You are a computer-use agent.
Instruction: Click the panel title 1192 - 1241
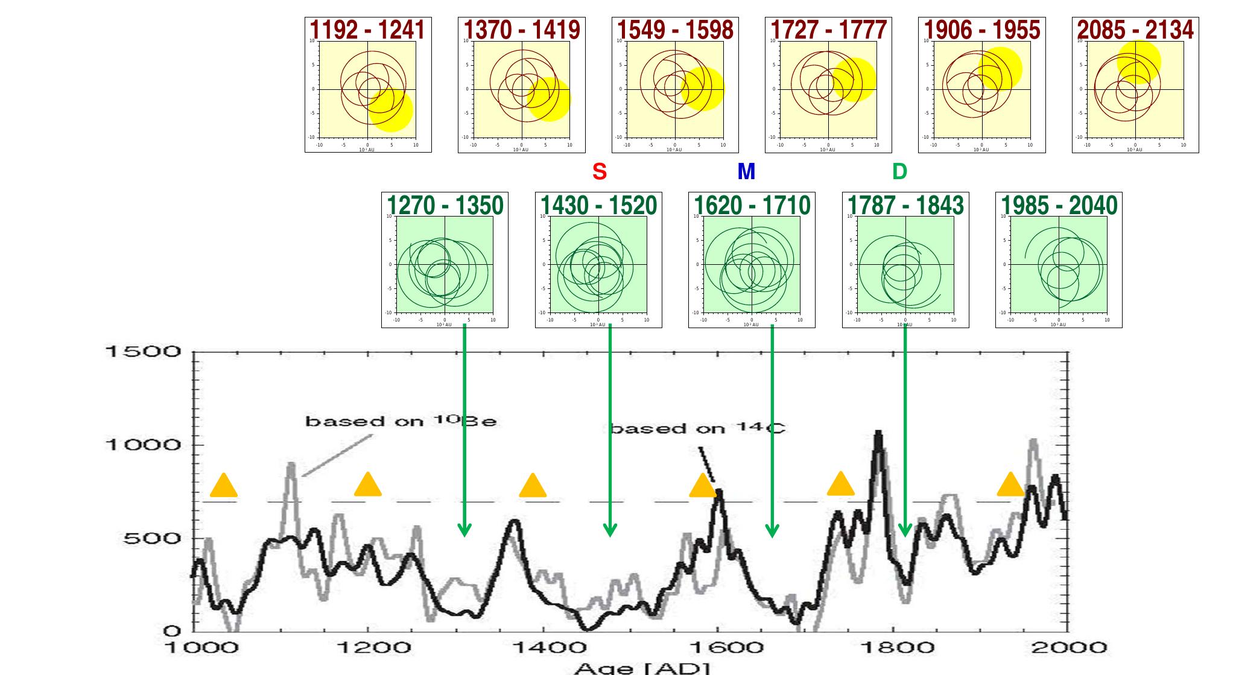pyautogui.click(x=367, y=30)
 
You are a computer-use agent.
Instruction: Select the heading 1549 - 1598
pyautogui.click(x=675, y=30)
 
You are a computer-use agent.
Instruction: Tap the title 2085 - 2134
pyautogui.click(x=1135, y=30)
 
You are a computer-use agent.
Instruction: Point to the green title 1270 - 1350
pyautogui.click(x=445, y=205)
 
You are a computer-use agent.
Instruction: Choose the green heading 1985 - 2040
pyautogui.click(x=1059, y=205)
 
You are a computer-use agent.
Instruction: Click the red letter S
pyautogui.click(x=599, y=172)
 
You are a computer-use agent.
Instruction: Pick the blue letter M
pyautogui.click(x=746, y=172)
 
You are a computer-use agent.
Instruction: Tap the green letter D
pyautogui.click(x=899, y=172)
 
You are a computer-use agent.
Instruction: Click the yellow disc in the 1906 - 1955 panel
pyautogui.click(x=1000, y=68)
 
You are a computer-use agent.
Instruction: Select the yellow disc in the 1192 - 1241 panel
pyautogui.click(x=390, y=110)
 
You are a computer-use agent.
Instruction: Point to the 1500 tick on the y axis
pyautogui.click(x=143, y=351)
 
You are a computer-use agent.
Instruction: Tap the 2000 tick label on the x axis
pyautogui.click(x=1068, y=648)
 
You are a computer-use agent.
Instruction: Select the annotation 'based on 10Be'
pyautogui.click(x=401, y=421)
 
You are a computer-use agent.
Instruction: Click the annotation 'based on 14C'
pyautogui.click(x=697, y=428)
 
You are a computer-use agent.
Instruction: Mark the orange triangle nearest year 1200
pyautogui.click(x=367, y=485)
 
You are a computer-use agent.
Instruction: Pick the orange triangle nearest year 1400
pyautogui.click(x=533, y=486)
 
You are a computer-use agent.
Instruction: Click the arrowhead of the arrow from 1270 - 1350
pyautogui.click(x=464, y=530)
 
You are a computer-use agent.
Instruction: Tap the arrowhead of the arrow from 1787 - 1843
pyautogui.click(x=904, y=530)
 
